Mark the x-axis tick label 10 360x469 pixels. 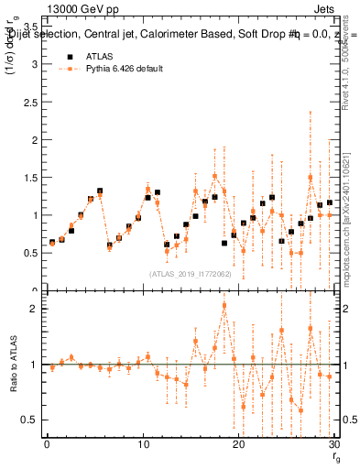click(142, 445)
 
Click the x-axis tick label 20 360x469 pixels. click(238, 445)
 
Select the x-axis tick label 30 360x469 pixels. click(334, 445)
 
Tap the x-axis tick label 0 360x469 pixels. click(46, 445)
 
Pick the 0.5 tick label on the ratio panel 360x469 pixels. click(29, 420)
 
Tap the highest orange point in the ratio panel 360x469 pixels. click(224, 305)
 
